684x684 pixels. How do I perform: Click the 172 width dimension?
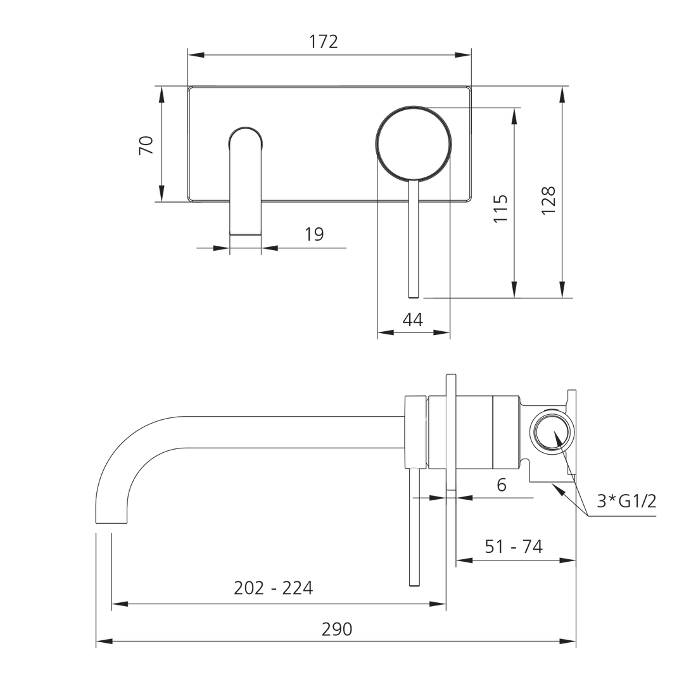(x=324, y=42)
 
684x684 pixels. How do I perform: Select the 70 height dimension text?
(x=146, y=146)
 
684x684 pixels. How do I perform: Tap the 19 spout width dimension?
(x=314, y=234)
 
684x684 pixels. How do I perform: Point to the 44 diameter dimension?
(x=412, y=320)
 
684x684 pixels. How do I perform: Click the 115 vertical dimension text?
(x=500, y=208)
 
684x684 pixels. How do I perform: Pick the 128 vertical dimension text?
(x=548, y=199)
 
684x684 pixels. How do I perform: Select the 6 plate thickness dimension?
(x=501, y=484)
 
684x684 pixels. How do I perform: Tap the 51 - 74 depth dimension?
(x=513, y=547)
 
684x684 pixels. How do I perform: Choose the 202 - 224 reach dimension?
(x=273, y=588)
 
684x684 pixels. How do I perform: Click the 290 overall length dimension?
(x=336, y=630)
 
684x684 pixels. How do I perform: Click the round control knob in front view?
(x=414, y=143)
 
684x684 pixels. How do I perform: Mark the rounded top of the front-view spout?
(x=245, y=134)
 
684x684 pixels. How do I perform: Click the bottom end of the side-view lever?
(x=414, y=584)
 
